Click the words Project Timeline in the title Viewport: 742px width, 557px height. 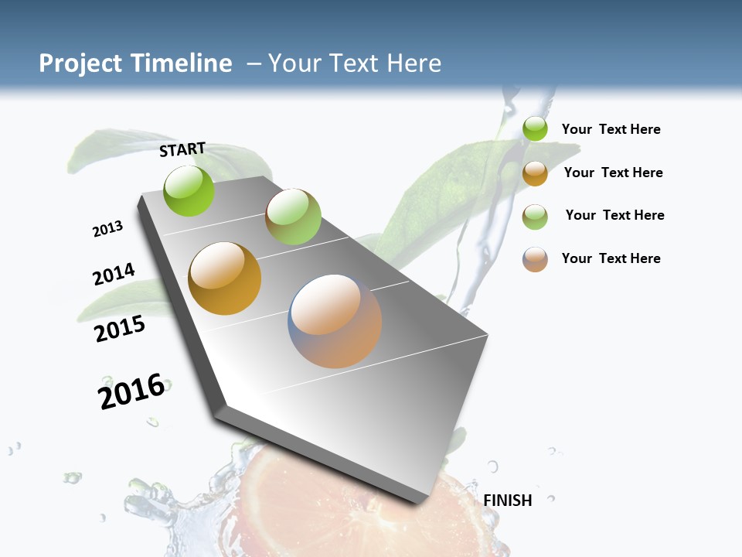[135, 63]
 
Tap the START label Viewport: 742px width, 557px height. [182, 149]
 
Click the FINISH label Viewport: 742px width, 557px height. [508, 501]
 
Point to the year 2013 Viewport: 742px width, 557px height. [107, 229]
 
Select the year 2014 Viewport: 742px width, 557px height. [114, 274]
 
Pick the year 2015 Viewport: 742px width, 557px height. [120, 329]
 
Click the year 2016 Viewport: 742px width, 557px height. [131, 391]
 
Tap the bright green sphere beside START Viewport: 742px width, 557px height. [189, 190]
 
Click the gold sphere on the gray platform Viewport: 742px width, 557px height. [225, 278]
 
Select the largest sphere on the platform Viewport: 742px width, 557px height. [335, 320]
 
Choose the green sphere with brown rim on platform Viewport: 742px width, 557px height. [293, 216]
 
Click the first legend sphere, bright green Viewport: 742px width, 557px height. [535, 129]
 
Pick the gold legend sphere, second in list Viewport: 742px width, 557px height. [535, 173]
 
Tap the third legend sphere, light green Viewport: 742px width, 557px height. [535, 217]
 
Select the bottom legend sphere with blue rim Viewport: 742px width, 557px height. [535, 259]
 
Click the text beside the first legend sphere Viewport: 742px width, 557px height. [611, 130]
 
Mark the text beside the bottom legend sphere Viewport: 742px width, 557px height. [611, 258]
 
